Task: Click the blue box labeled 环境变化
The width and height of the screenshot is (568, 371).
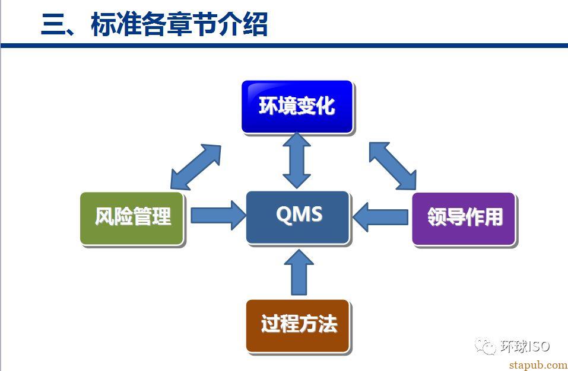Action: (x=297, y=107)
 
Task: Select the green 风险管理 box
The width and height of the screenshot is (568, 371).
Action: (x=132, y=219)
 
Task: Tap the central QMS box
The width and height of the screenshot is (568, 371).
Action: (x=298, y=218)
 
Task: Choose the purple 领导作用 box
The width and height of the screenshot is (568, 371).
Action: (x=464, y=219)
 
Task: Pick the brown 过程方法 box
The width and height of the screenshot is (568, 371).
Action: (x=298, y=326)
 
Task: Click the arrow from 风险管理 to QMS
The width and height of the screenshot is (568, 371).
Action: (x=218, y=216)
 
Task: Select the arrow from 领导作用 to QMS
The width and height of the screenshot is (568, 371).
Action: (x=380, y=217)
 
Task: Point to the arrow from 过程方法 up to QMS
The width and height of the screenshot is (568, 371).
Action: (x=299, y=272)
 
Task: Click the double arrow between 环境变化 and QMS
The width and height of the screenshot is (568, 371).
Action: (x=297, y=160)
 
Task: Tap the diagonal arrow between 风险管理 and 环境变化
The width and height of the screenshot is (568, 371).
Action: (x=196, y=167)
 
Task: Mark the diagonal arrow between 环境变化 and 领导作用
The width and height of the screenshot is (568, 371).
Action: (x=393, y=166)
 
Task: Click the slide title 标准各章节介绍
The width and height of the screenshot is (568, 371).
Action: (x=179, y=24)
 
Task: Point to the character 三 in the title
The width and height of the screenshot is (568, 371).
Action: (x=53, y=24)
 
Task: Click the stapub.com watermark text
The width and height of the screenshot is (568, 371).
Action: (x=538, y=365)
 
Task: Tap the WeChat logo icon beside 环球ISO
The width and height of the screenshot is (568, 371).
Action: (x=485, y=346)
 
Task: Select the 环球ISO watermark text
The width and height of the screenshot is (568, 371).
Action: (x=525, y=347)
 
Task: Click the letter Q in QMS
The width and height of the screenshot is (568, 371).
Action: (x=284, y=215)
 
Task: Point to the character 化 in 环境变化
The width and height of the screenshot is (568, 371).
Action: (x=325, y=106)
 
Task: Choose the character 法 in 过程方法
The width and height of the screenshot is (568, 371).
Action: (x=328, y=324)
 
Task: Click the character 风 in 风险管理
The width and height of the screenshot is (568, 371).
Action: (x=104, y=216)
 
